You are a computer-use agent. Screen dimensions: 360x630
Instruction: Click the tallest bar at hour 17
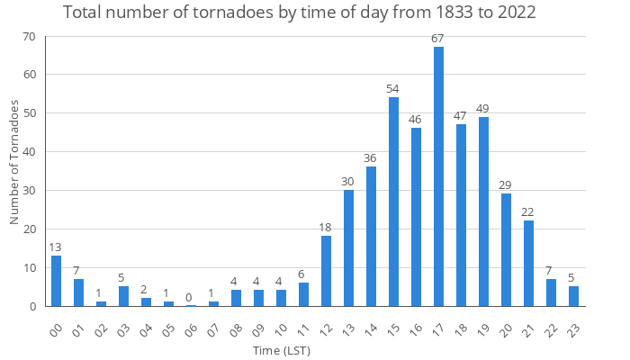[x=438, y=176]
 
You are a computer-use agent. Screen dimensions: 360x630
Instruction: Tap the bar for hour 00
[x=56, y=281]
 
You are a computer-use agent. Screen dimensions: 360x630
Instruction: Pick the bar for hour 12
[x=326, y=271]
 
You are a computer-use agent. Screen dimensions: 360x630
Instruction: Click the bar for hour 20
[x=506, y=250]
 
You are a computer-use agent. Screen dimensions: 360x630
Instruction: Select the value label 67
[x=438, y=38]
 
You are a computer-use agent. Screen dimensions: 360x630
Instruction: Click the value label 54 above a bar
[x=393, y=88]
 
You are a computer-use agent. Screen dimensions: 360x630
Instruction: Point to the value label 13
[x=56, y=247]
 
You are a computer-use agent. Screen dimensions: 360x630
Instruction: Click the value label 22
[x=528, y=211]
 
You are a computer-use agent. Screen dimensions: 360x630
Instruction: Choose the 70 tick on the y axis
[x=29, y=37]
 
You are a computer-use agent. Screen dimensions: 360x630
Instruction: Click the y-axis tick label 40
[x=29, y=152]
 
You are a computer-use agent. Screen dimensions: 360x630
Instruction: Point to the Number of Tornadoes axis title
[x=13, y=163]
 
